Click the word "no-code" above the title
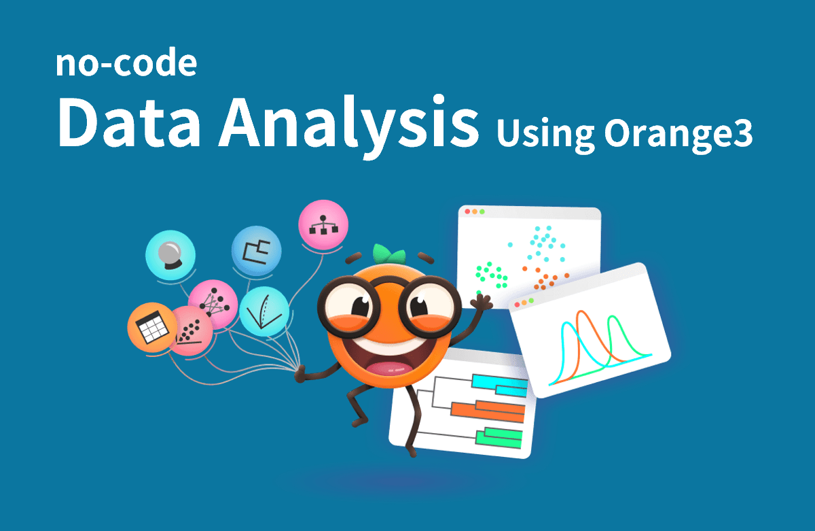126,63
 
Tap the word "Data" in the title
129,122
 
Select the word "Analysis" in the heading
348,125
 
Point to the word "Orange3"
678,133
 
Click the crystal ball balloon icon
170,255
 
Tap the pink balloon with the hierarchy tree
323,225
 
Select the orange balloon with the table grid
153,327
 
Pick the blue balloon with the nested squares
257,251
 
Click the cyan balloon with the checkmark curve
264,311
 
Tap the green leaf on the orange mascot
388,254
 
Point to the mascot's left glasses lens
348,307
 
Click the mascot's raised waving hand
482,302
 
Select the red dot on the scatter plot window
467,211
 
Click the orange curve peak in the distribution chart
581,312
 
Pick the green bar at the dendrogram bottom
499,441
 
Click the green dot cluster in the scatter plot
491,275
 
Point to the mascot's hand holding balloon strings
300,374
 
